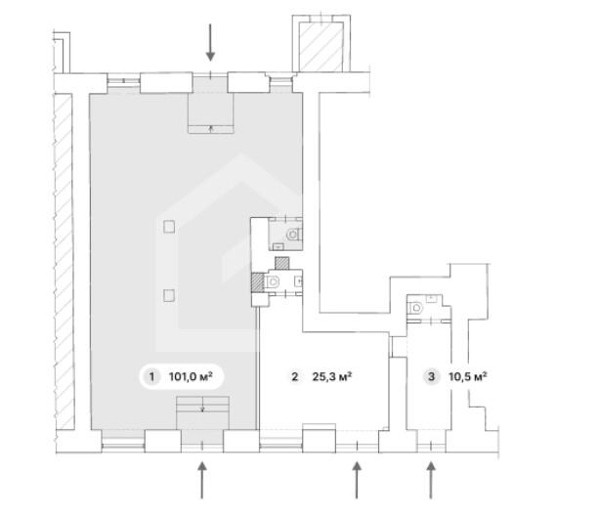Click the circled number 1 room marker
click(151, 377)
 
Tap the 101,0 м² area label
click(191, 377)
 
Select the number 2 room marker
click(294, 377)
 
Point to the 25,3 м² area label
click(332, 377)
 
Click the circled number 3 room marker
click(431, 377)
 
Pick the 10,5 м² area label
click(468, 377)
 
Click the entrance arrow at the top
click(210, 42)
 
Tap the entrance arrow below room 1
click(202, 480)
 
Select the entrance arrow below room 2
click(357, 480)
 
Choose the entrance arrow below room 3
click(431, 480)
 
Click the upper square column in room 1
click(169, 227)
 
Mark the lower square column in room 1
click(169, 295)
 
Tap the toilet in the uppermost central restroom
click(294, 235)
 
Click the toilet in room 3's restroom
click(416, 308)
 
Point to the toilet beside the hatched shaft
click(273, 282)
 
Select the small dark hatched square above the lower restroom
click(281, 263)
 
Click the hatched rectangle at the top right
click(320, 47)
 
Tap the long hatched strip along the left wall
click(64, 262)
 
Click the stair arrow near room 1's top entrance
click(211, 128)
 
